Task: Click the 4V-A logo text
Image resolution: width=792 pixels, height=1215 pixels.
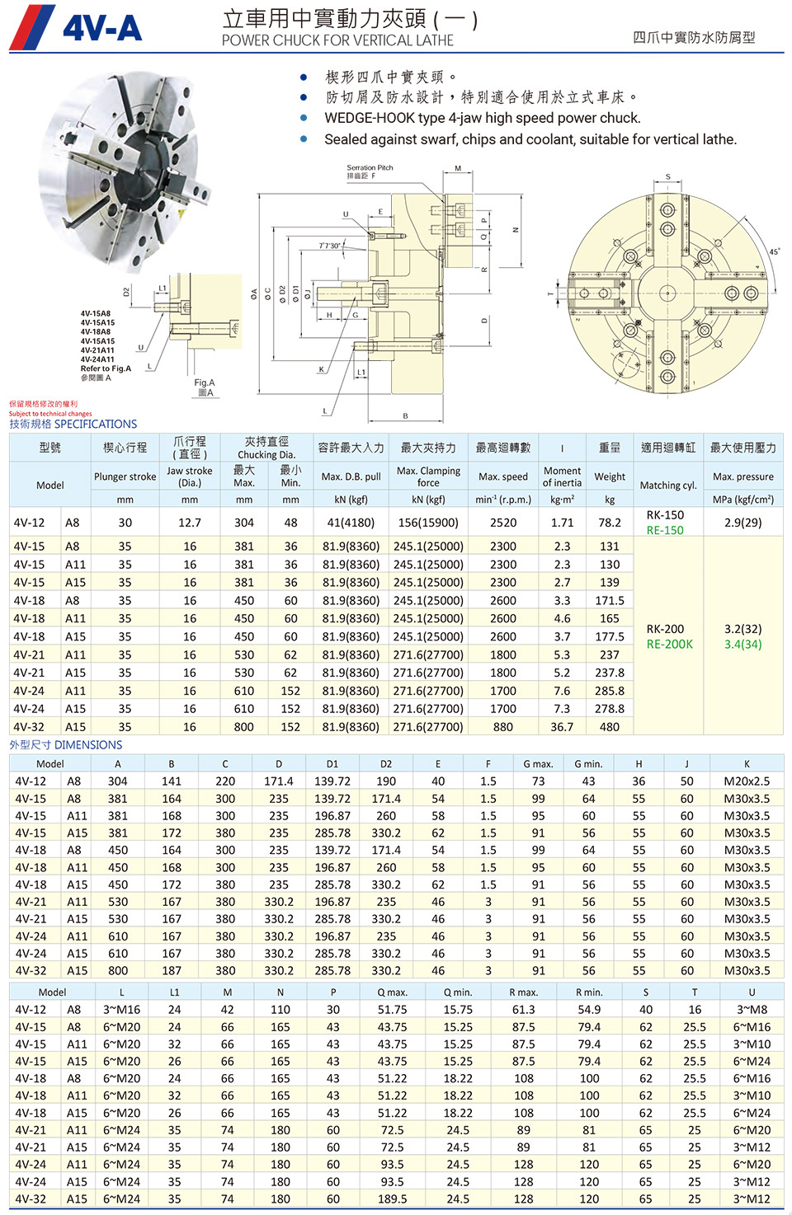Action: coord(102,30)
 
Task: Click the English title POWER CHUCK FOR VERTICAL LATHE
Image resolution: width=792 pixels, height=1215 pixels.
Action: coord(337,40)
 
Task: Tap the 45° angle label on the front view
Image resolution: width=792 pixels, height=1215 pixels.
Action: coord(774,251)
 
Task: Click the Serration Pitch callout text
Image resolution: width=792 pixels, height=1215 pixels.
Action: coord(370,167)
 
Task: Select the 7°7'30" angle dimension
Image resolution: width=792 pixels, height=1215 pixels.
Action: coord(329,246)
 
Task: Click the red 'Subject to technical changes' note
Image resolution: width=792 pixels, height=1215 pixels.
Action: coord(50,414)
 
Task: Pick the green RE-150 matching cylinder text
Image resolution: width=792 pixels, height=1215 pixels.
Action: coord(665,530)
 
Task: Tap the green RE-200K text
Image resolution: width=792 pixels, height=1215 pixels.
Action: coord(669,645)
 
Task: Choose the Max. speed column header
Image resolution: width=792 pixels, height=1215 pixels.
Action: coord(502,476)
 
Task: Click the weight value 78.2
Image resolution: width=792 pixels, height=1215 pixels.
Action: coord(609,523)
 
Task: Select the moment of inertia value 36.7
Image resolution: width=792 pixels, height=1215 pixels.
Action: coord(562,727)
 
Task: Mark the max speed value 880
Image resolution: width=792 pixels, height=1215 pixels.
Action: coord(502,727)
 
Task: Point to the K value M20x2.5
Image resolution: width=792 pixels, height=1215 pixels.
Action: coord(747,781)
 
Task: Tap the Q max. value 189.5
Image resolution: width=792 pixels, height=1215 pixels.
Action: coord(392,1199)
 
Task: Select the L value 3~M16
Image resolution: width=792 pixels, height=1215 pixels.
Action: coord(121,1010)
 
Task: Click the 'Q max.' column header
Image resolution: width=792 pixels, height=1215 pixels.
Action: coord(392,992)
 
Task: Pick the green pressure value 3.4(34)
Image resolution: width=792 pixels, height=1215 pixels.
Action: coord(742,645)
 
